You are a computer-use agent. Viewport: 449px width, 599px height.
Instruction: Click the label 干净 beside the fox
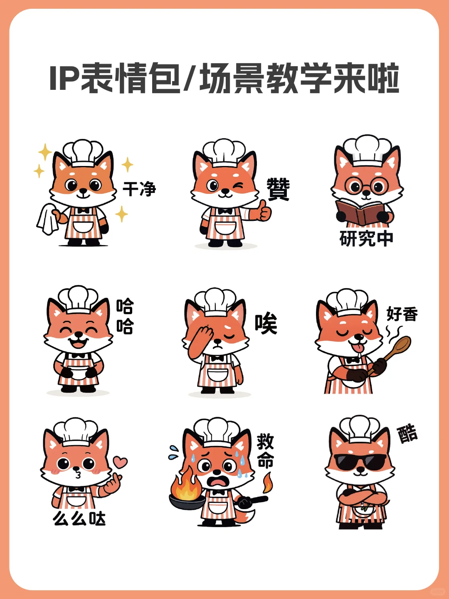point(139,188)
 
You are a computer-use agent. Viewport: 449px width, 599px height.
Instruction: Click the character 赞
point(278,189)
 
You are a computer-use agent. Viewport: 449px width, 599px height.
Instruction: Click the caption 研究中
point(366,238)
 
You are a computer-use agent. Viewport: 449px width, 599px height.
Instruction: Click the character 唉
point(266,324)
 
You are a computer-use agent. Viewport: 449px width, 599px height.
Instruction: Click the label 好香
point(402,314)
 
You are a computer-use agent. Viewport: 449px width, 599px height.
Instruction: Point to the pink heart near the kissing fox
point(120,462)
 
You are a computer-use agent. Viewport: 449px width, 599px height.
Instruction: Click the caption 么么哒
point(79,518)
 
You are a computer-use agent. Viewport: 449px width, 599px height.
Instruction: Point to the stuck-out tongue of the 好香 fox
point(357,348)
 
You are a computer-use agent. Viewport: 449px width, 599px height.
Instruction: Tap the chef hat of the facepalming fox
point(215,302)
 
